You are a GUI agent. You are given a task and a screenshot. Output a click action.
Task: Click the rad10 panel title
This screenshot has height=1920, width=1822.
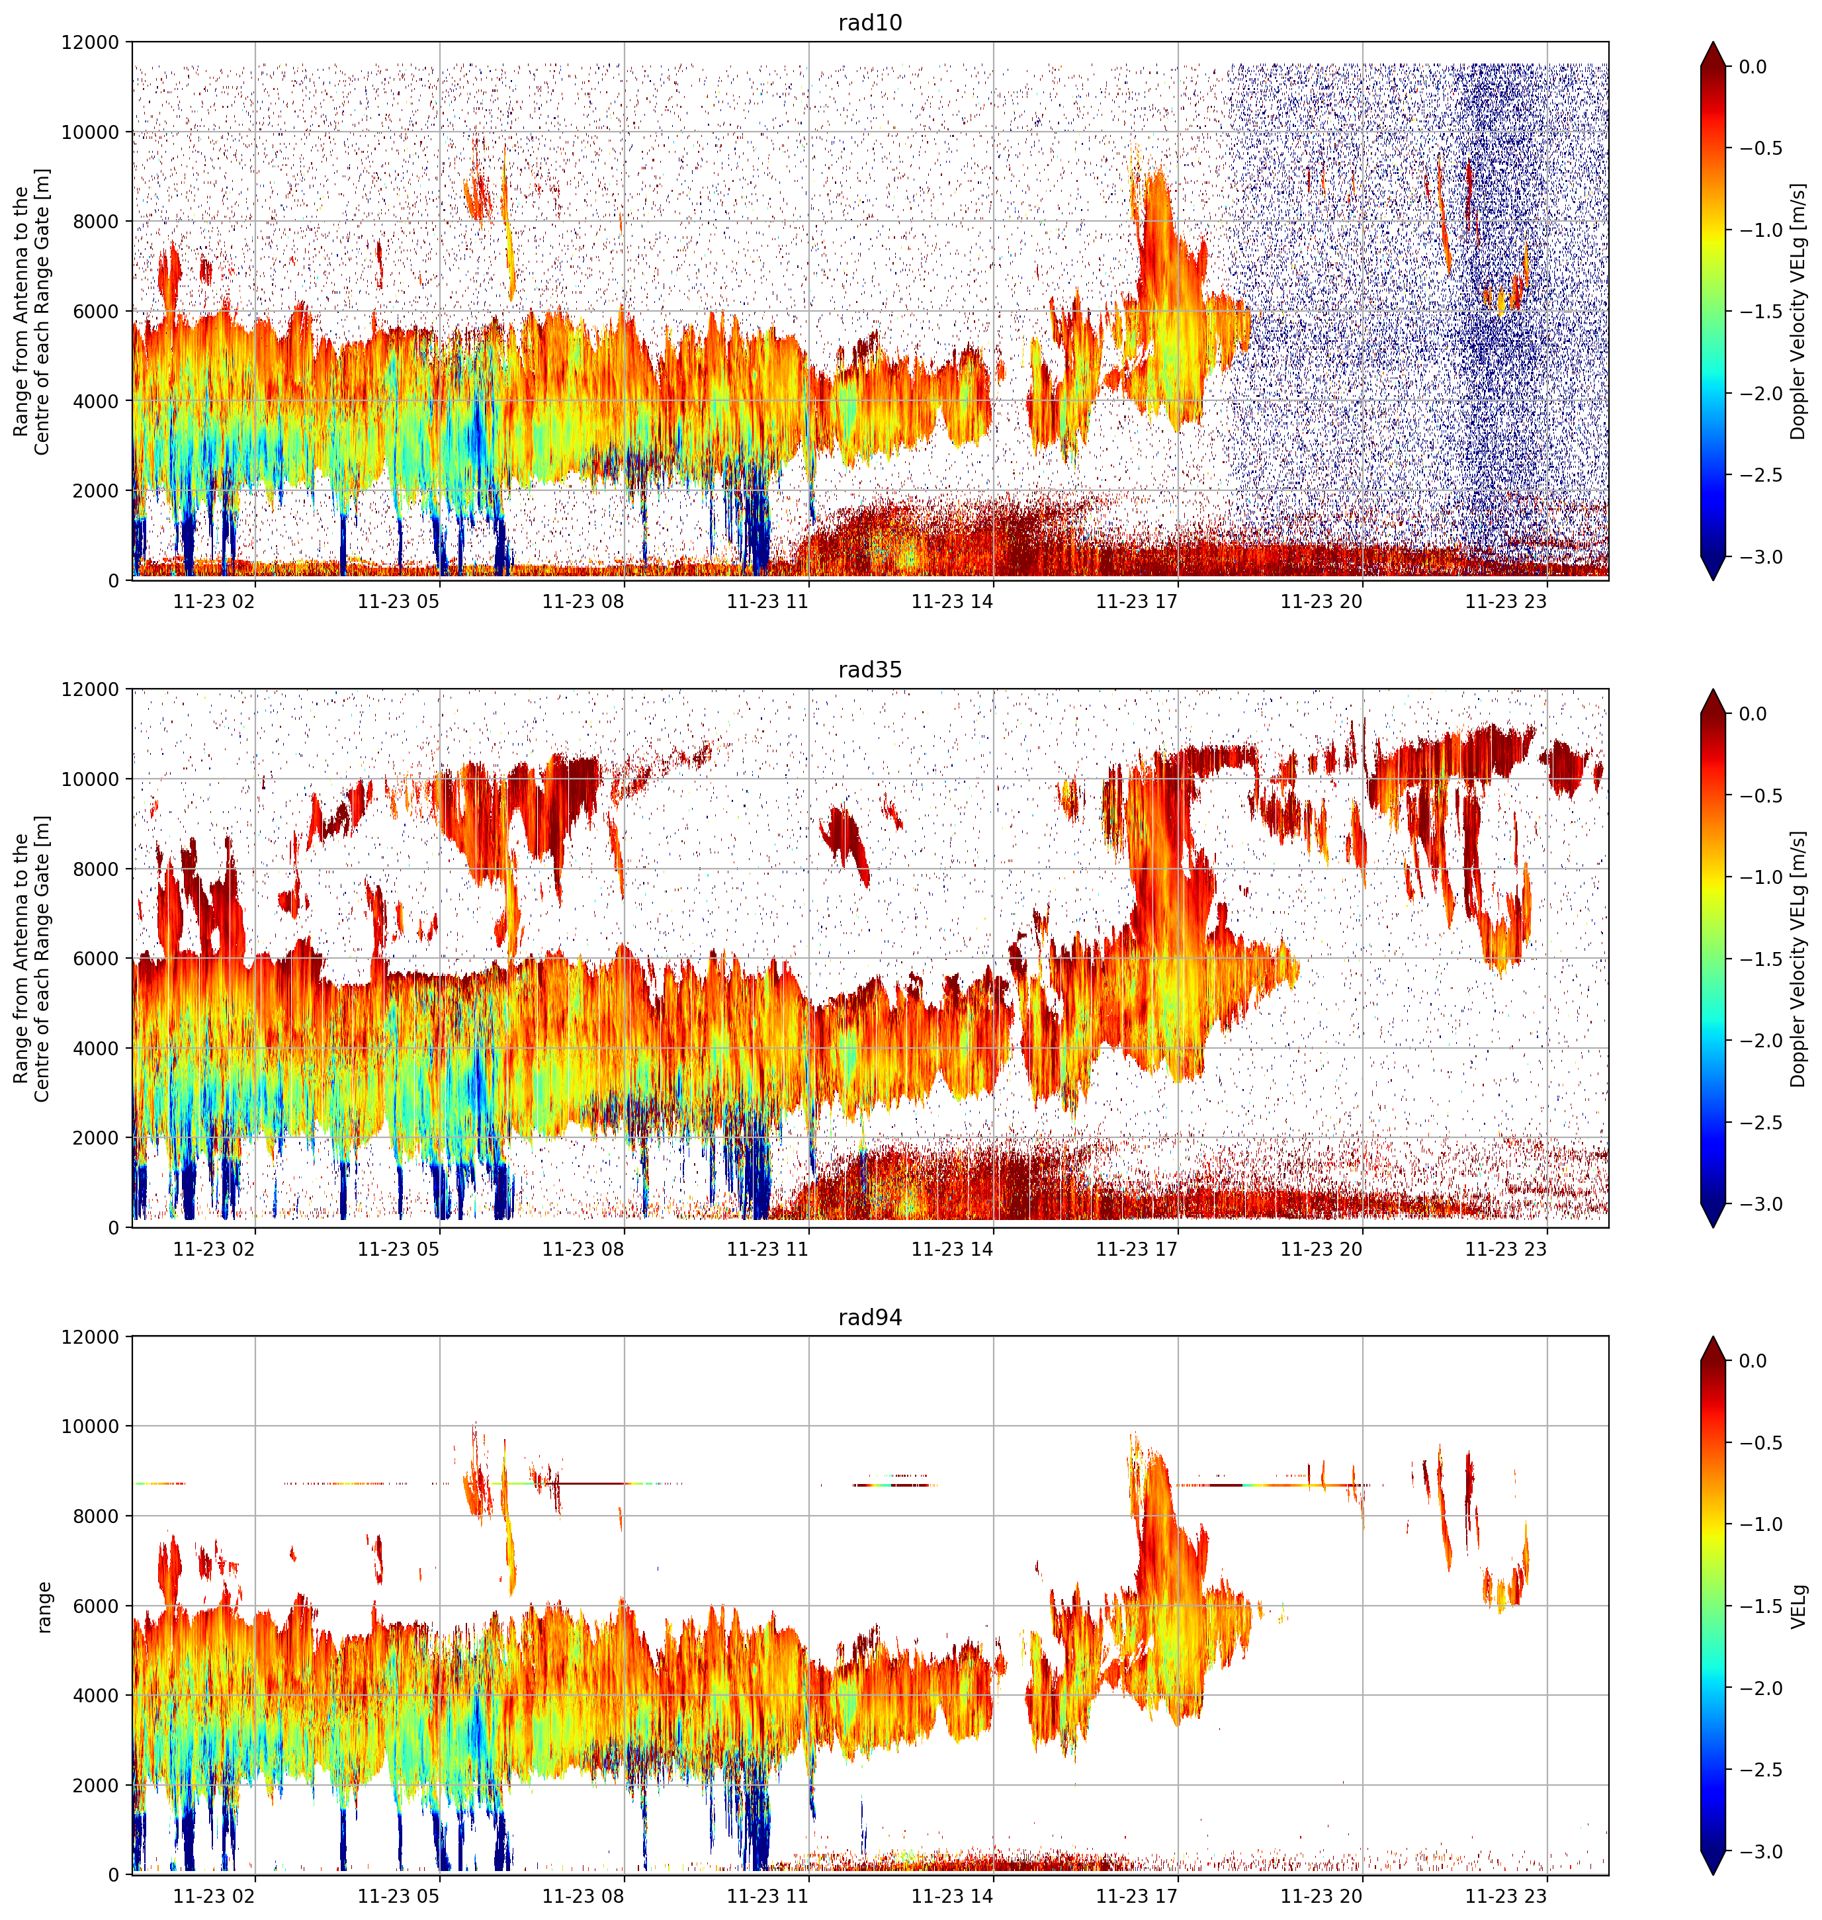click(869, 22)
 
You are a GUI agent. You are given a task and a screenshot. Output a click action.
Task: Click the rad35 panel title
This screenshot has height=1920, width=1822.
click(869, 669)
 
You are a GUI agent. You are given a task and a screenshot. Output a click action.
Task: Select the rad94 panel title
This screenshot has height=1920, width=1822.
click(869, 1317)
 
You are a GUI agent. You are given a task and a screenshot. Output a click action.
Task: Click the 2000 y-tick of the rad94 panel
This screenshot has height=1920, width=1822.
click(95, 1785)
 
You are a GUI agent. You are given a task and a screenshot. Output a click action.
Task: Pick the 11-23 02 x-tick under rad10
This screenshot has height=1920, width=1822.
click(214, 602)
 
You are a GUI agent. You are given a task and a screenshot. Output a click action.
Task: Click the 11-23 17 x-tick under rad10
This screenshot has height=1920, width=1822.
click(1137, 602)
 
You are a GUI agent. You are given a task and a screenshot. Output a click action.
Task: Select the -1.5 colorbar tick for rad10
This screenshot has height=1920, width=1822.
click(1761, 312)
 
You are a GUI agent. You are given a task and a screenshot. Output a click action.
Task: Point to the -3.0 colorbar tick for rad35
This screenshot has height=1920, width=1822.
click(1761, 1204)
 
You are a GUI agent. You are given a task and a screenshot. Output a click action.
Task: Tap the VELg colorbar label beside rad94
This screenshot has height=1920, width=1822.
click(1800, 1606)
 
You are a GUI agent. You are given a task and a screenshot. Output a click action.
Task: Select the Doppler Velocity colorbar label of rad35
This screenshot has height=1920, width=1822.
click(1800, 959)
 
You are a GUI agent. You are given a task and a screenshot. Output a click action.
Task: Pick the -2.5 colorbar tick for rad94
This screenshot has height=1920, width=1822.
click(1761, 1769)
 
